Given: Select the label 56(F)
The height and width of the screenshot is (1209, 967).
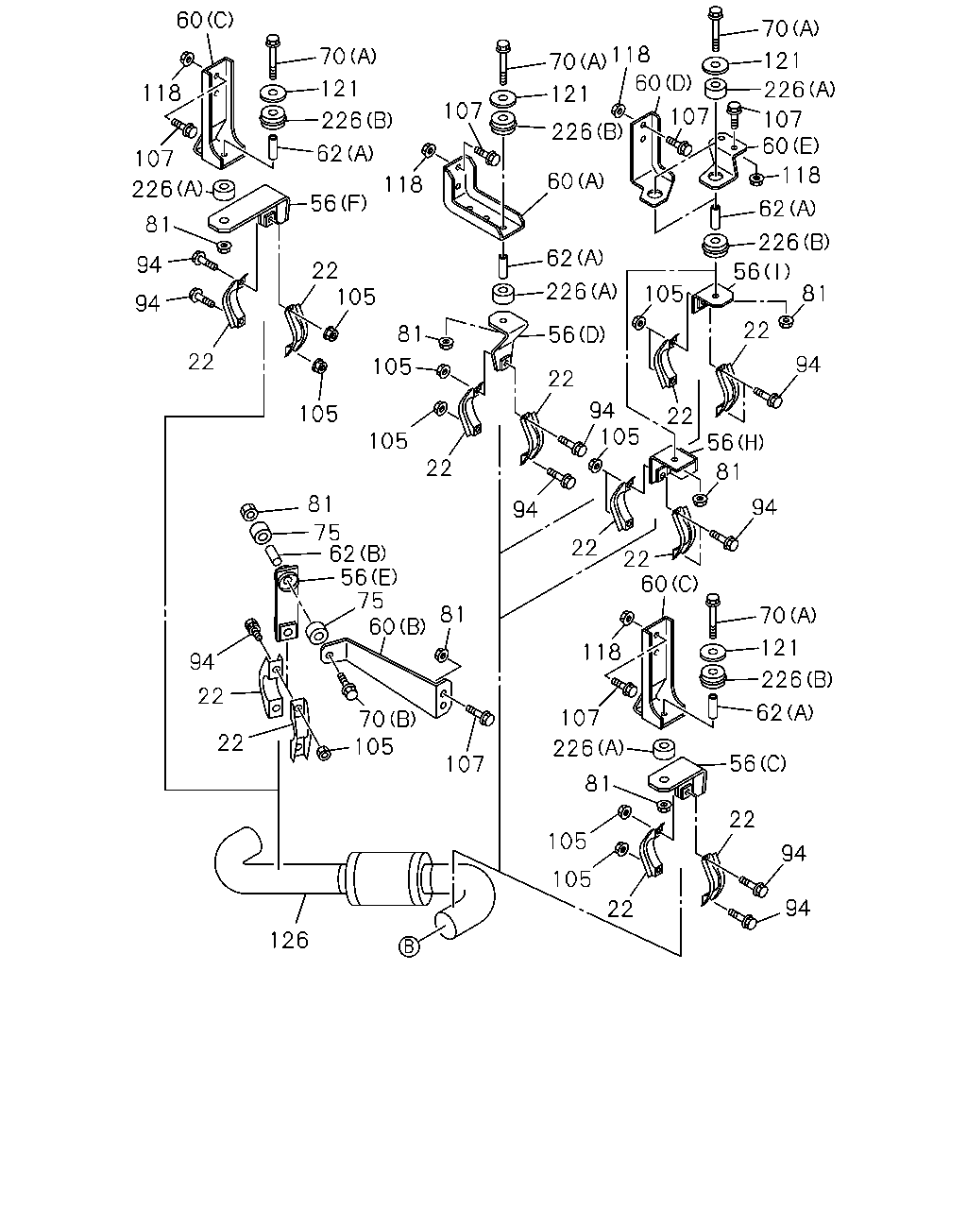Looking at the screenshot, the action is tap(338, 203).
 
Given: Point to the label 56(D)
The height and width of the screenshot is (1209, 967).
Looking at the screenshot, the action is tap(576, 334).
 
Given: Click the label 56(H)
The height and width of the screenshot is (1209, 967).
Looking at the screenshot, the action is tap(736, 442).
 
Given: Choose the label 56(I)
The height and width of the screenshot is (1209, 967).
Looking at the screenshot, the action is tap(762, 271).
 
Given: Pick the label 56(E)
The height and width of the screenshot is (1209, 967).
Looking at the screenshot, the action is tap(368, 576).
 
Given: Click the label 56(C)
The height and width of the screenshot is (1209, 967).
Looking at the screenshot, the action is tap(758, 763).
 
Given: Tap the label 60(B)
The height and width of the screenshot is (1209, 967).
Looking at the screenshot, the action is tap(398, 626).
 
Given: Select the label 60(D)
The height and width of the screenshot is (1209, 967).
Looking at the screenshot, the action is tap(663, 83).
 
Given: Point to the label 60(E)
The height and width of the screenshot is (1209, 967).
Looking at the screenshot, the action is tap(790, 145).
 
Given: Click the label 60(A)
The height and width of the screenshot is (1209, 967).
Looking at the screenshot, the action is tap(576, 181).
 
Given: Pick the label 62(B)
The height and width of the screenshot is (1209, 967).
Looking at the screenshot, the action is tap(357, 553).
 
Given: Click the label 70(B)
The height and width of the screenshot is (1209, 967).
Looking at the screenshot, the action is tap(387, 719).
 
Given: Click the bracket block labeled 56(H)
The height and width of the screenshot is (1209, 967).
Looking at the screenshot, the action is tap(673, 464).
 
